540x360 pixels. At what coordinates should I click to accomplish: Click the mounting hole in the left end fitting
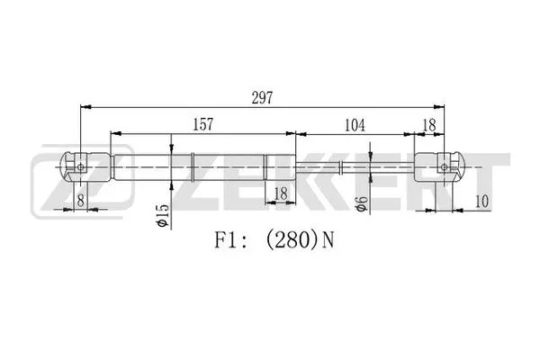81,166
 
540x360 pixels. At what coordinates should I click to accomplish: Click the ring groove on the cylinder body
193,167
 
